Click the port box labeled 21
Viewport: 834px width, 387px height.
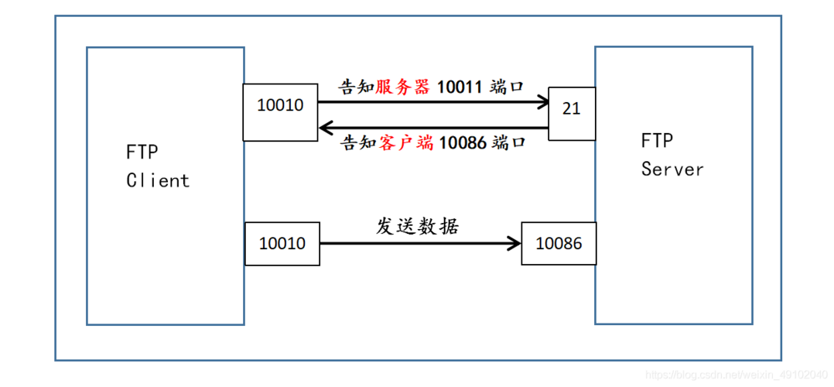click(x=572, y=109)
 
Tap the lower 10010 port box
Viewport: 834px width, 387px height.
click(x=282, y=244)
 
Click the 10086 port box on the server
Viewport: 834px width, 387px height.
click(x=559, y=244)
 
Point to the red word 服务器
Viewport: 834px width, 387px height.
click(x=402, y=86)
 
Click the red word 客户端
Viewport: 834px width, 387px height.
click(x=406, y=143)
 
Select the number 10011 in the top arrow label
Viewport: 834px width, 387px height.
click(x=461, y=86)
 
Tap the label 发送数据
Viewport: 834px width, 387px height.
click(x=418, y=227)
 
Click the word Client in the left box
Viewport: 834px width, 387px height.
click(x=158, y=180)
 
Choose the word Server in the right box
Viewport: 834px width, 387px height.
click(x=672, y=170)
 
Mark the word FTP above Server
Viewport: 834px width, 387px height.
click(x=657, y=141)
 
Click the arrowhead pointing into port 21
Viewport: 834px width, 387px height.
click(x=539, y=101)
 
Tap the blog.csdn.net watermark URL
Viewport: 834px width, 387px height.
click(x=736, y=375)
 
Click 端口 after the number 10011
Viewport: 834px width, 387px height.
click(x=508, y=86)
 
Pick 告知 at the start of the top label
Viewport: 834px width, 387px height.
click(x=357, y=86)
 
